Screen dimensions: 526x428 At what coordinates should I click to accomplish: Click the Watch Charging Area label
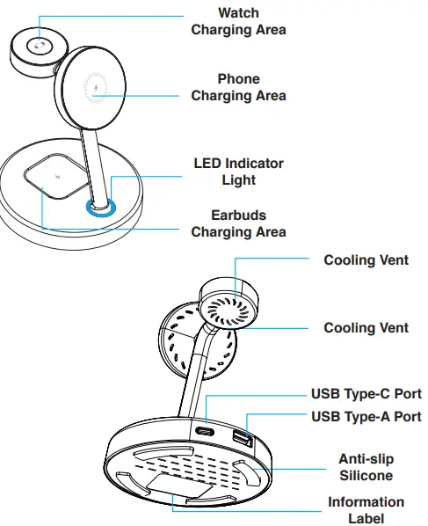(238, 21)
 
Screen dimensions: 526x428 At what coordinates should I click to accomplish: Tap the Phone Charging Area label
(238, 87)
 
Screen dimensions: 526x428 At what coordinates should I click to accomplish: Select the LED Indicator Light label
(238, 172)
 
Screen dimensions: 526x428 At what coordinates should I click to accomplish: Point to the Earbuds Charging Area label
(238, 223)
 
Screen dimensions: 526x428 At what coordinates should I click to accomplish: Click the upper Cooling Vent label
(366, 260)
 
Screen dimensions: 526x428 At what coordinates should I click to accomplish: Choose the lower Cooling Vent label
(366, 327)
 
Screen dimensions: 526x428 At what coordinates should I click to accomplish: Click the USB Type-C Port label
(366, 393)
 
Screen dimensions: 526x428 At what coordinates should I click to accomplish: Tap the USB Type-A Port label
(366, 415)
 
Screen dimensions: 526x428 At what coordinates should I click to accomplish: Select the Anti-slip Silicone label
(366, 467)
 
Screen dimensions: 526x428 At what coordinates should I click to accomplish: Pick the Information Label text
(366, 510)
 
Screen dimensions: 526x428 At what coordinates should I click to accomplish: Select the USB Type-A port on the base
(242, 437)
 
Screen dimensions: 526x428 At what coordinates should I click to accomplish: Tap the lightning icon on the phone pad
(96, 89)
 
